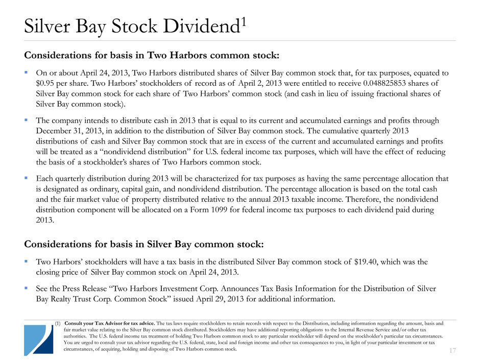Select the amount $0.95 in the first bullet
coord(46,83)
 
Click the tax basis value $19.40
coord(368,262)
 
